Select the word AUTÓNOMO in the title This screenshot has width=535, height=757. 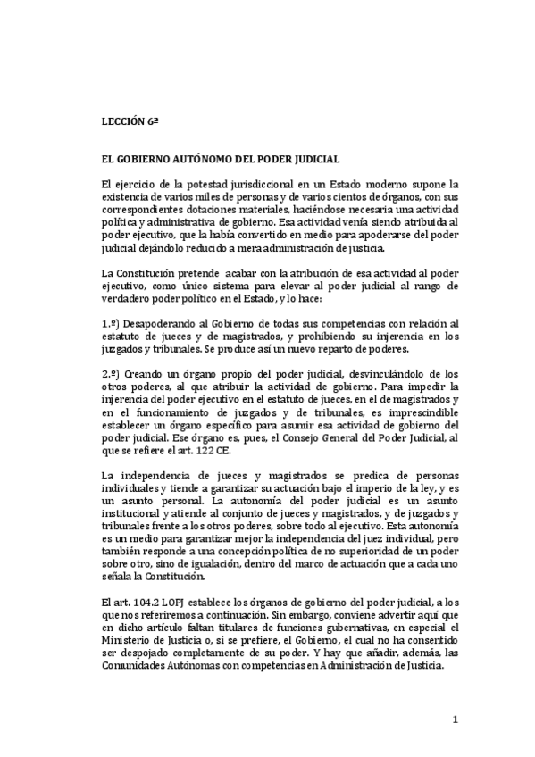tap(196, 159)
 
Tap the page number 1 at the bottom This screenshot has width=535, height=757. tap(455, 720)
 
